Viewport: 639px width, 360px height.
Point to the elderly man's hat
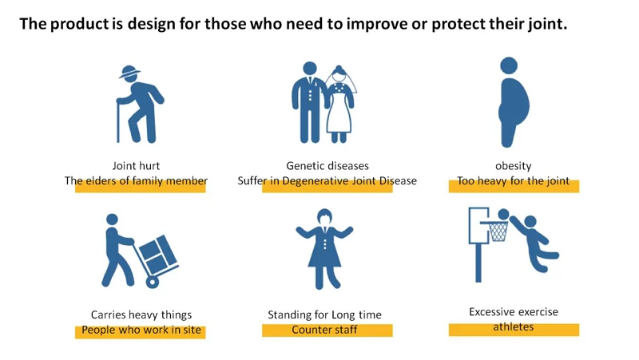(129, 72)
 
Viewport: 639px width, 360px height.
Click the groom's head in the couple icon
(310, 69)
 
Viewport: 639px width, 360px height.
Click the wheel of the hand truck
(153, 282)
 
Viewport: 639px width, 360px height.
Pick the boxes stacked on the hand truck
(157, 254)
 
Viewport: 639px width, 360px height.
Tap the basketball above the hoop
(504, 214)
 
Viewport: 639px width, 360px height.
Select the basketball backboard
(478, 226)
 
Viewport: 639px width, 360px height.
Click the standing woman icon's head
(324, 217)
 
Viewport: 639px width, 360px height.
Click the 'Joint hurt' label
(136, 166)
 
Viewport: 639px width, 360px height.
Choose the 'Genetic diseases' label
(327, 166)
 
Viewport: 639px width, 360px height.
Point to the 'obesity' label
(514, 166)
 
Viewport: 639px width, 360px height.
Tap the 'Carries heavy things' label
(141, 315)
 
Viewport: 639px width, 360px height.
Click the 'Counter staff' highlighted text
(324, 330)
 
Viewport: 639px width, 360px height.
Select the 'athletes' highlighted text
(513, 327)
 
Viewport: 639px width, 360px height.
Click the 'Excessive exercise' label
(514, 312)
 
